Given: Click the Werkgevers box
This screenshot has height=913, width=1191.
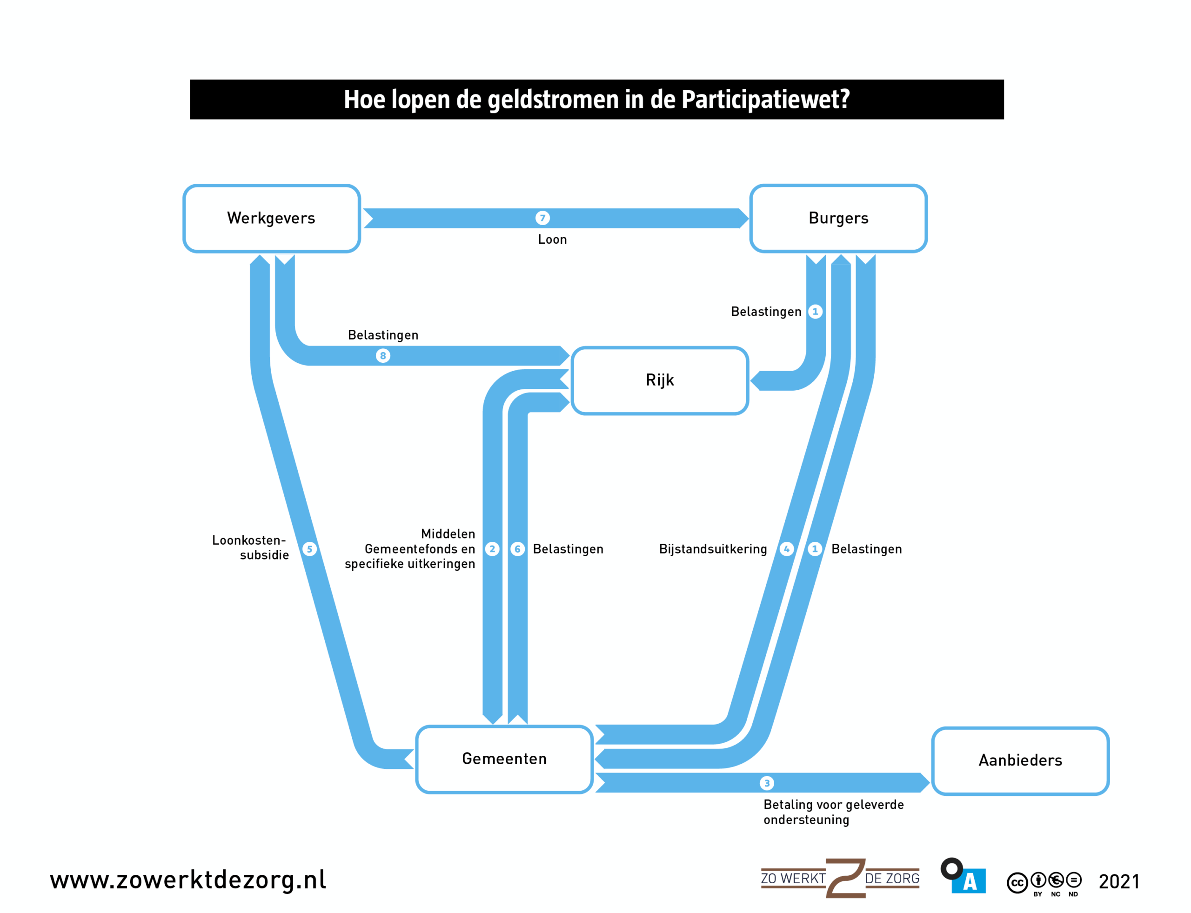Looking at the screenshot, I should [271, 219].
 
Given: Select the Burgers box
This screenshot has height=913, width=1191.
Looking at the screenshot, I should [838, 219].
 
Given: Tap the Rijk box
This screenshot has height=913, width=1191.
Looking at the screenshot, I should [660, 380].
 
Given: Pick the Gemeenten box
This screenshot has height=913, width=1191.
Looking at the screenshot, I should [504, 759].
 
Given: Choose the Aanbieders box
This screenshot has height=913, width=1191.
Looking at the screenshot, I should [1020, 761].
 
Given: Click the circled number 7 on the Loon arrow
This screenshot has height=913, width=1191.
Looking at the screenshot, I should [542, 218].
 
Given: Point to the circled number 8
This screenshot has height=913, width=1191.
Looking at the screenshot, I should [383, 356].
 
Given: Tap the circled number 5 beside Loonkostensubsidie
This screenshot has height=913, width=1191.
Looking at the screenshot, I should [309, 549].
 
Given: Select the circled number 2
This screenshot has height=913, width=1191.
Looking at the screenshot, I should [492, 549].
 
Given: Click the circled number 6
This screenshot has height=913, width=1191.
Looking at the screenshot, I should [517, 549].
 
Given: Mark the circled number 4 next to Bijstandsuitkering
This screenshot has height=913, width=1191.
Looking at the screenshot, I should [787, 549].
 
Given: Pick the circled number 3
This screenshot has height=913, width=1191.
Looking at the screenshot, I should [766, 783].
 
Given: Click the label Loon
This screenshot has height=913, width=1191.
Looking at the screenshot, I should [552, 240].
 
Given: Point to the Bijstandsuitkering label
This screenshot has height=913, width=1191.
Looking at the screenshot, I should [713, 549].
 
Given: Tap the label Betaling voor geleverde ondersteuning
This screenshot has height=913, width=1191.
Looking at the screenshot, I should [833, 812].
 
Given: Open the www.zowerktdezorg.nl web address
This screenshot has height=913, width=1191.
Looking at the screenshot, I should [188, 880].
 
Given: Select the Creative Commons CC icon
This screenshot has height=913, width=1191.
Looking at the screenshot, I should [1017, 883].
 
